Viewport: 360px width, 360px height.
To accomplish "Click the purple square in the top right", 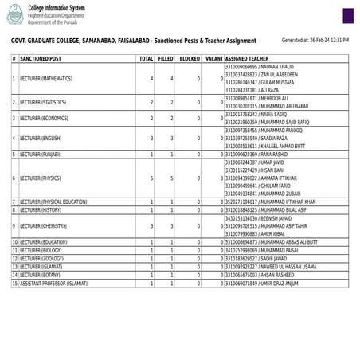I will [x=349, y=16].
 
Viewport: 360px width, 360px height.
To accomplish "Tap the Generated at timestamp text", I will [x=315, y=39].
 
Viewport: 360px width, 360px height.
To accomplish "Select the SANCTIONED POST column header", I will [x=41, y=59].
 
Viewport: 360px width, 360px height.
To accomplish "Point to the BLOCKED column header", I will [x=190, y=59].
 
